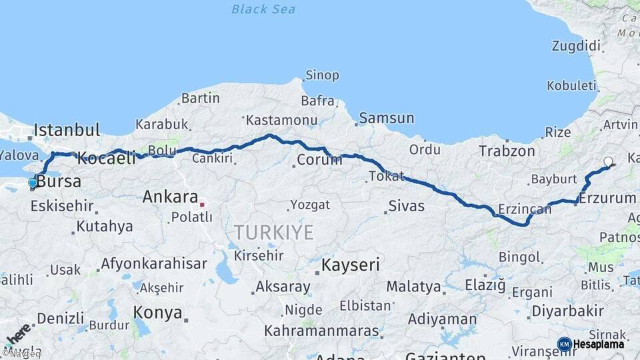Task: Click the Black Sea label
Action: pos(263,9)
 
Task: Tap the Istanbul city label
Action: pos(67,129)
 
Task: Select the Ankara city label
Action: pos(170,197)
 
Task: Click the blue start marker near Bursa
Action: pos(33,183)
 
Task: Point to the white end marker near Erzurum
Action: pos(608,161)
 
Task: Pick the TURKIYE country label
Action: pos(273,233)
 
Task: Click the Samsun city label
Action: pos(387,119)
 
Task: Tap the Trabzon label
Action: pos(507,151)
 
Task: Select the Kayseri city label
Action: pos(351,265)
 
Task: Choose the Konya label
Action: pos(157,313)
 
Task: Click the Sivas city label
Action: pos(406,206)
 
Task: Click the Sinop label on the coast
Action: pos(322,75)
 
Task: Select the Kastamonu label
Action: pos(281,121)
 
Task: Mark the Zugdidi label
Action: pos(576,46)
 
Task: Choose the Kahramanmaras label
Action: pos(321,331)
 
